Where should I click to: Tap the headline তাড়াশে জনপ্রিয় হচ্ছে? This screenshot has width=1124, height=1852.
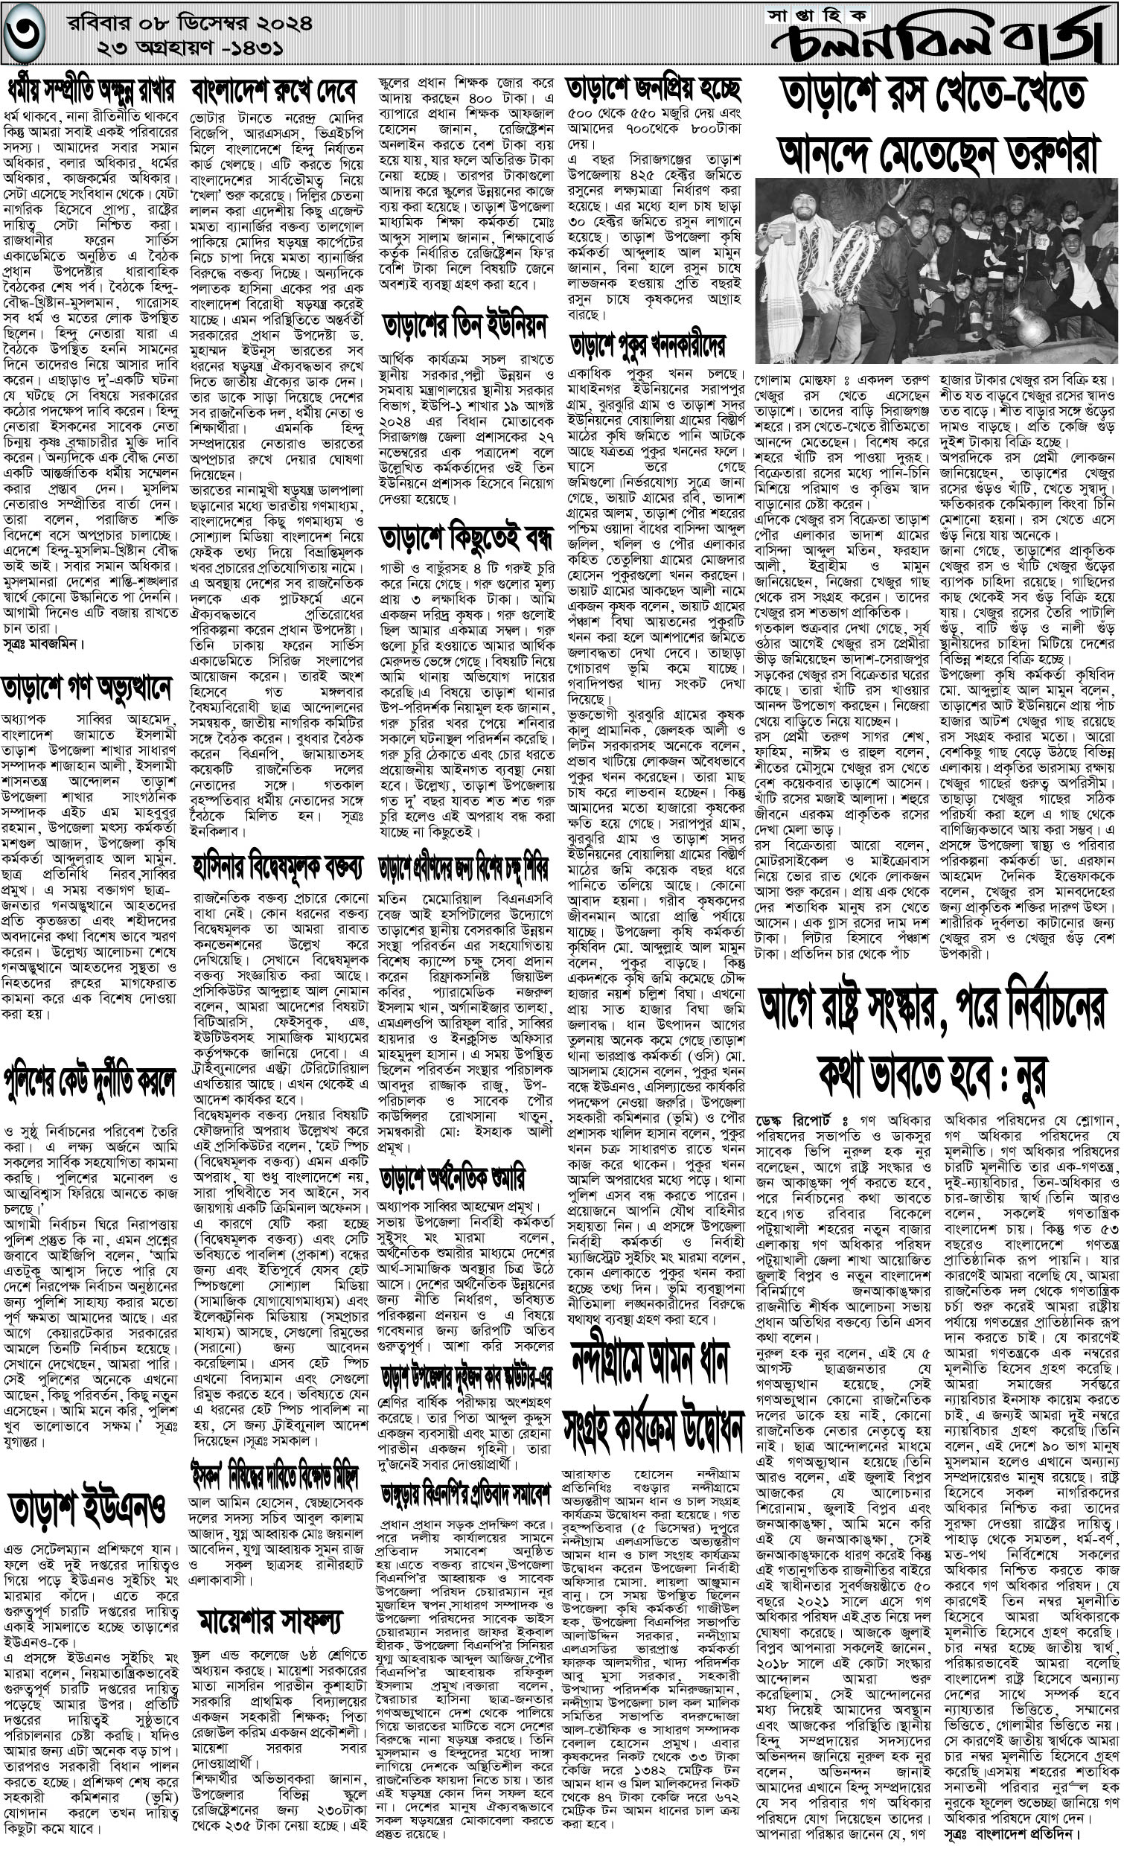(x=654, y=89)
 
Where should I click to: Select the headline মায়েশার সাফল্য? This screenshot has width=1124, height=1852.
(x=271, y=1601)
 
